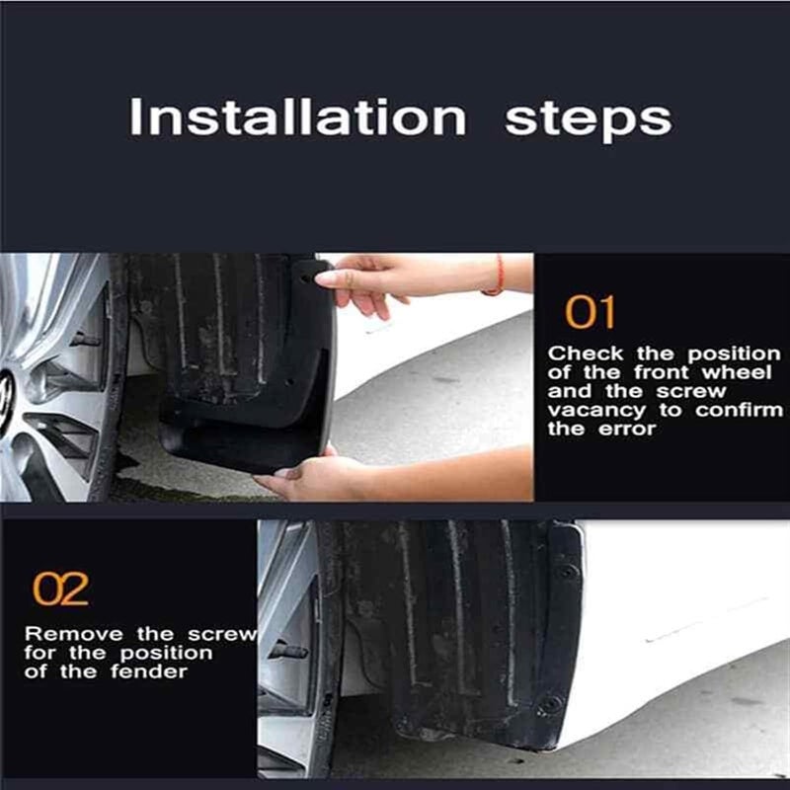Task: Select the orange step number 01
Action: (x=590, y=313)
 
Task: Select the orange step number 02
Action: (x=60, y=590)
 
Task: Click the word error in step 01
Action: (x=633, y=431)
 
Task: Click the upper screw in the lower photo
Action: (x=566, y=572)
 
